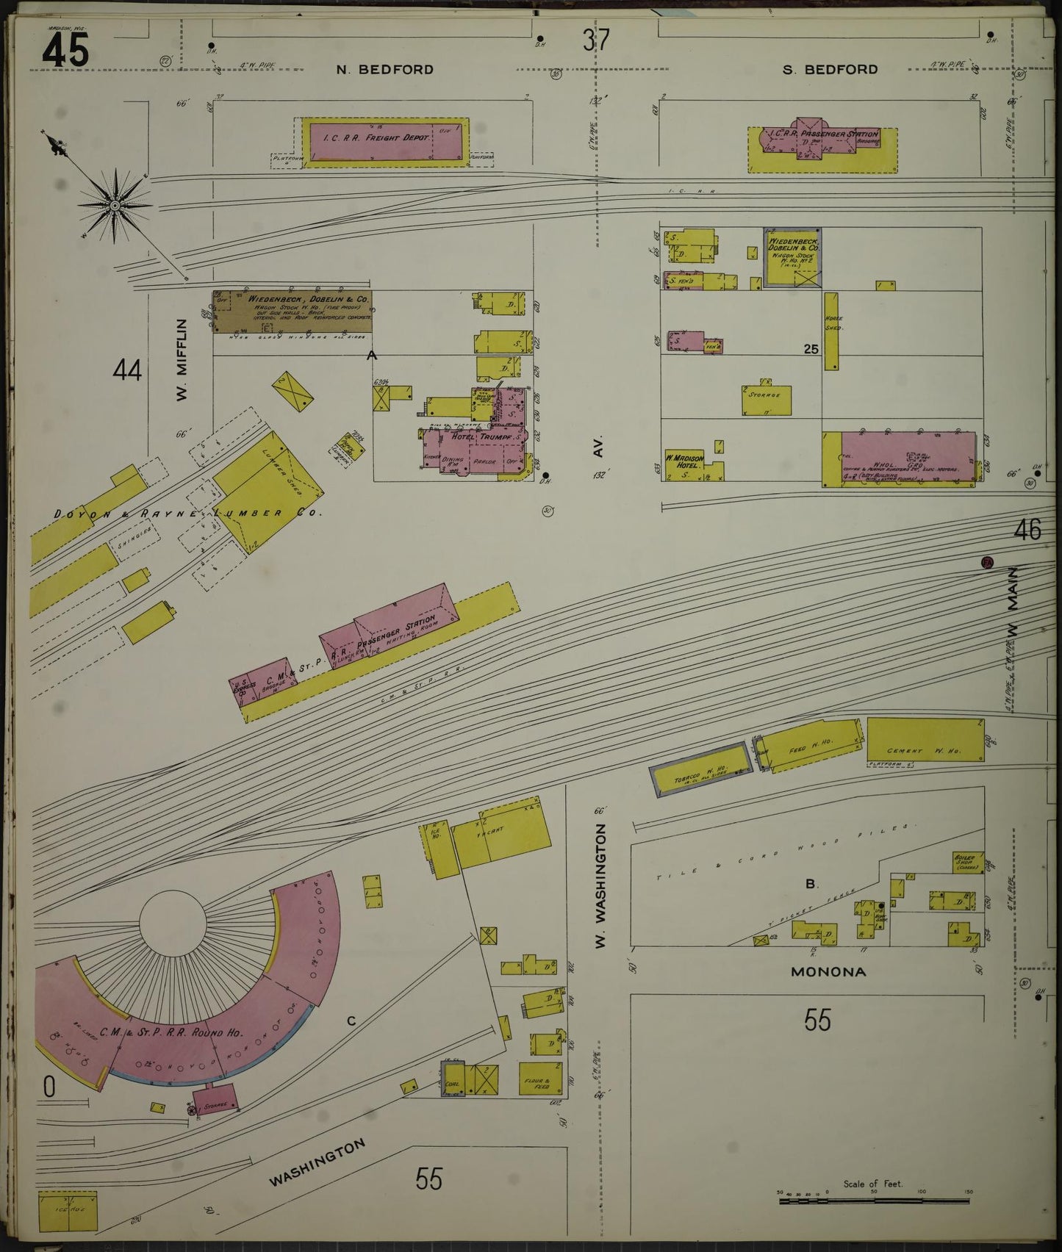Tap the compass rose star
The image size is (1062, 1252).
click(x=115, y=205)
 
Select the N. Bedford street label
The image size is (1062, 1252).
click(x=384, y=70)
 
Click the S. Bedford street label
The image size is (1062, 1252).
click(x=830, y=70)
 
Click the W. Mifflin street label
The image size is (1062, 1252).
click(x=182, y=360)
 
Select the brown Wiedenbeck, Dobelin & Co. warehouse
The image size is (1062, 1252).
click(x=292, y=312)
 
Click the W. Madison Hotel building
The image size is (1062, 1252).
click(x=684, y=466)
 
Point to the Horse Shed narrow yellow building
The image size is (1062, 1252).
click(x=831, y=331)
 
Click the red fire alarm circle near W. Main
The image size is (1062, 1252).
click(x=987, y=563)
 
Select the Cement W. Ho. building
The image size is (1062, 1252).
click(x=925, y=739)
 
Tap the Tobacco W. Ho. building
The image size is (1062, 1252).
click(x=699, y=769)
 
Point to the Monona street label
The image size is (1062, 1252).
click(x=828, y=971)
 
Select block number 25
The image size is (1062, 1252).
click(x=811, y=350)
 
